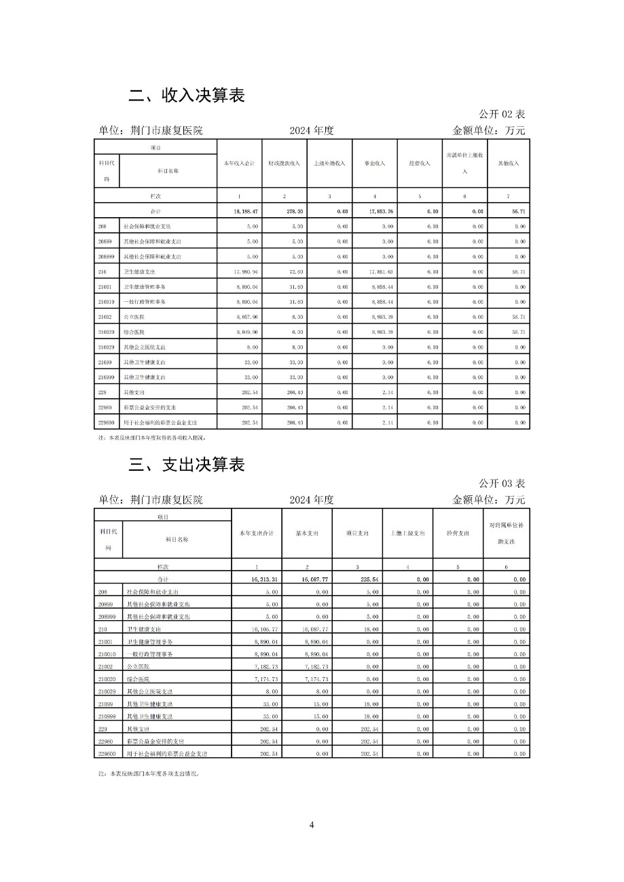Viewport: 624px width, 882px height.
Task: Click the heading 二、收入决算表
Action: click(186, 96)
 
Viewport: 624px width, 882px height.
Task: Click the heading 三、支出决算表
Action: click(186, 465)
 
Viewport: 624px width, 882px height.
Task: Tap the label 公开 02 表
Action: click(502, 114)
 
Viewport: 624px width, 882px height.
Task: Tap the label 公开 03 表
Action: click(502, 484)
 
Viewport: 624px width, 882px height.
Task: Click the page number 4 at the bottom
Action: click(312, 825)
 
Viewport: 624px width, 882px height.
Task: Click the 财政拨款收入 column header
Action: click(284, 164)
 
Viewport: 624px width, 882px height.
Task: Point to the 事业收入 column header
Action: click(374, 164)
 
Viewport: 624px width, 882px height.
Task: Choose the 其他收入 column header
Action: click(509, 164)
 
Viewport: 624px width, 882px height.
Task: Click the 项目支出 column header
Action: click(357, 534)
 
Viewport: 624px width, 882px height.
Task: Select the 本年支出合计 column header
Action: click(257, 534)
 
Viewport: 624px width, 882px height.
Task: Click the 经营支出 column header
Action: click(458, 534)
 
